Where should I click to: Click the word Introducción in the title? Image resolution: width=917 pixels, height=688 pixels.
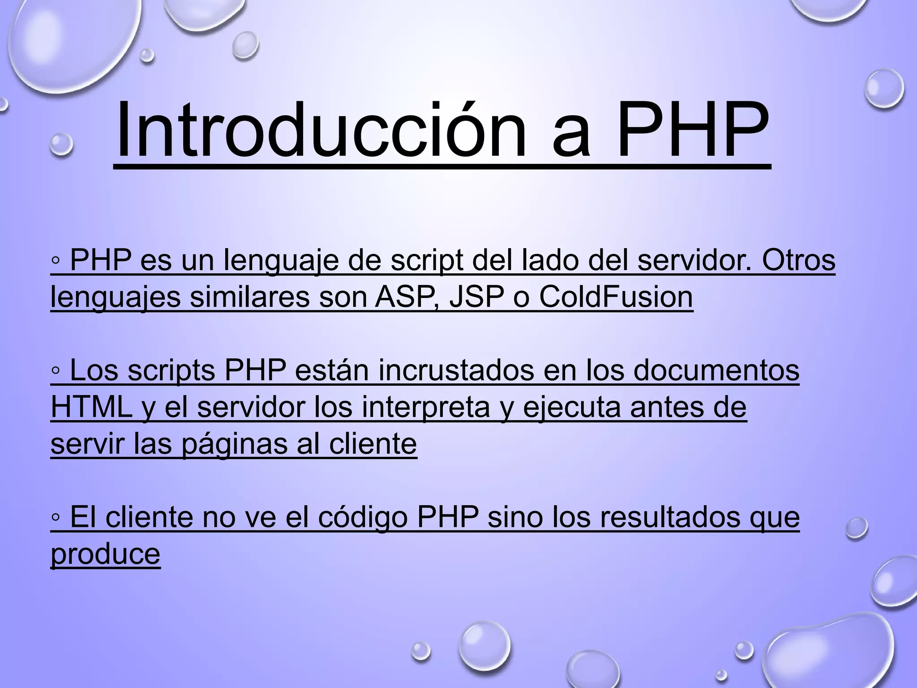321,130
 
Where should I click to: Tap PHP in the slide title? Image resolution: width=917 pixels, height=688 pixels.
692,130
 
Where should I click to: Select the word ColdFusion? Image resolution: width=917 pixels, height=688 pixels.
616,297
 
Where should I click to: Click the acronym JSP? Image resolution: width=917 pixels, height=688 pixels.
476,297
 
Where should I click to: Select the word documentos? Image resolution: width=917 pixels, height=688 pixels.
716,370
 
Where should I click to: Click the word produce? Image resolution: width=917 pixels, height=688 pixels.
105,554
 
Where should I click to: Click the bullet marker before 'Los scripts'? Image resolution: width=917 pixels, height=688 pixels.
56,371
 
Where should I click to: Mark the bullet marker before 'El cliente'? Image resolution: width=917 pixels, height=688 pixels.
56,518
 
